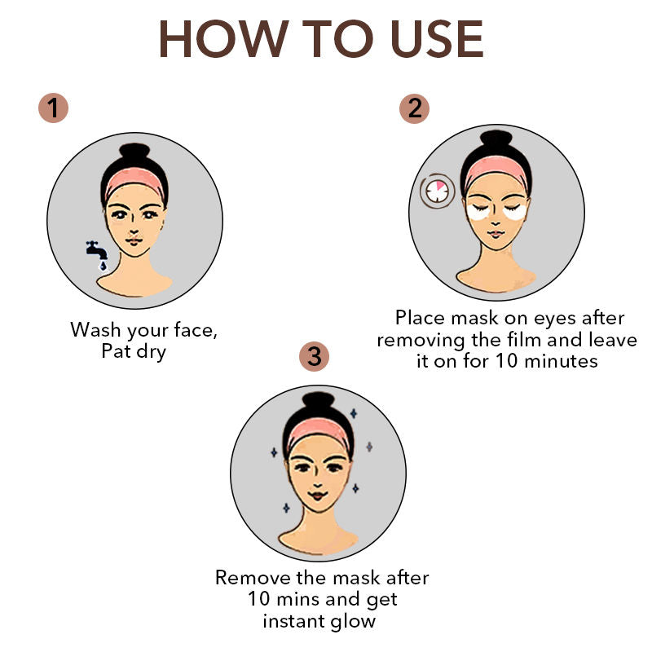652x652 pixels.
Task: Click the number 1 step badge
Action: (x=53, y=108)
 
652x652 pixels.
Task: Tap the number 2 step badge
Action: (x=414, y=108)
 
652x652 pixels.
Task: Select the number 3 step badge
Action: (x=314, y=356)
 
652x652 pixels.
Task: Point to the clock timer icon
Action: (x=437, y=191)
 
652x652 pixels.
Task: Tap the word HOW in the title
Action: (x=223, y=39)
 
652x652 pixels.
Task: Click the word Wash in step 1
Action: (x=96, y=330)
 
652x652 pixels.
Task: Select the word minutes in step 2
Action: (x=561, y=360)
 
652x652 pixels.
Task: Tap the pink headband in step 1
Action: (x=134, y=180)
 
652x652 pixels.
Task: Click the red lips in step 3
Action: (x=318, y=496)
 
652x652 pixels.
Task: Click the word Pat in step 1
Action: (x=116, y=350)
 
